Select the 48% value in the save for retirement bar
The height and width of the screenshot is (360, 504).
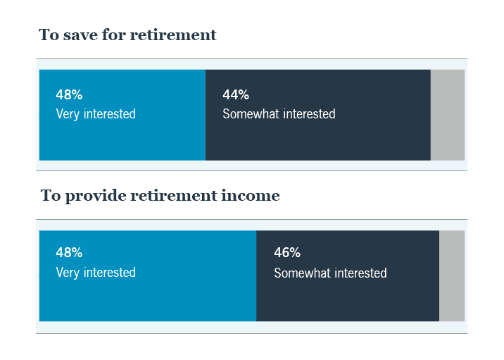69,95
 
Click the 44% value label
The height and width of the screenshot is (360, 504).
236,95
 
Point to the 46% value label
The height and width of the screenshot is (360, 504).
287,253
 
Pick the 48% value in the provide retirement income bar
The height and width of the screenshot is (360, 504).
69,253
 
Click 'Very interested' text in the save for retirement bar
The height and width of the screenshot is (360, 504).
96,114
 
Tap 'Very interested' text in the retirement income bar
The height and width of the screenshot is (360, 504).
96,273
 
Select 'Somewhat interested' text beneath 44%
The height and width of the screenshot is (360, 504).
279,114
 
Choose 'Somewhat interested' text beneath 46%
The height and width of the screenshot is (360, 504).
330,273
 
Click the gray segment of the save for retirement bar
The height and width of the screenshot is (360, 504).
448,115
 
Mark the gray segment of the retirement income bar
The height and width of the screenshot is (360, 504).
452,275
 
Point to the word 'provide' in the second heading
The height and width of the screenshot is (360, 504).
95,196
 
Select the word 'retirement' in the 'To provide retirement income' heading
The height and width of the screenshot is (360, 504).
174,196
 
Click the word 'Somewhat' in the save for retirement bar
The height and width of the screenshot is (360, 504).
246,114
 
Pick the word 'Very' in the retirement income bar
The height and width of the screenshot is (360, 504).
68,273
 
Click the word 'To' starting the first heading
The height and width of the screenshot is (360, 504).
49,35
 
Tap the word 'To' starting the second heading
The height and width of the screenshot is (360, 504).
51,196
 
